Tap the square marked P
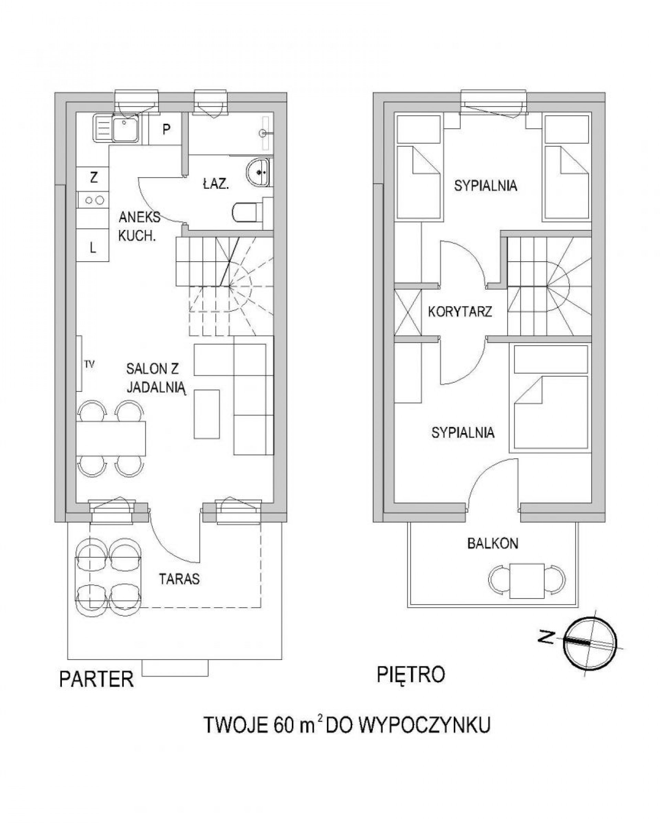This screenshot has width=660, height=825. pos(166,129)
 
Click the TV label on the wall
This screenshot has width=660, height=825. pos(89,364)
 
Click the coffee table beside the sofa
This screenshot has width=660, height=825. pos(207,414)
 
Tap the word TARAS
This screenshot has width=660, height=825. pos(179,579)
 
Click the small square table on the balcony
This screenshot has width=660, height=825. pos(527,581)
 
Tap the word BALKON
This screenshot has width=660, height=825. pos(492,543)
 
